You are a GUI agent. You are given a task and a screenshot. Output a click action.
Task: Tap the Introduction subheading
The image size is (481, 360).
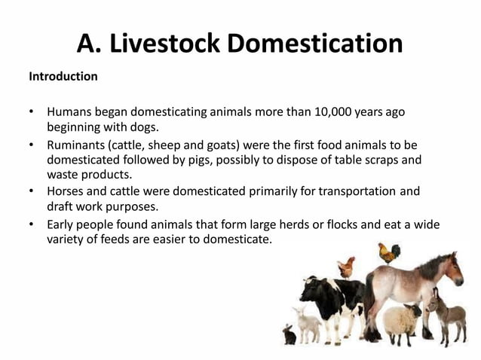(x=63, y=77)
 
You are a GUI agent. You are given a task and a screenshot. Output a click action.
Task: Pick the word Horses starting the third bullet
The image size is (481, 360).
(x=66, y=191)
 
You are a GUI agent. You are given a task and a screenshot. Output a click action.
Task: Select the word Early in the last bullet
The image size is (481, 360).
(x=61, y=224)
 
